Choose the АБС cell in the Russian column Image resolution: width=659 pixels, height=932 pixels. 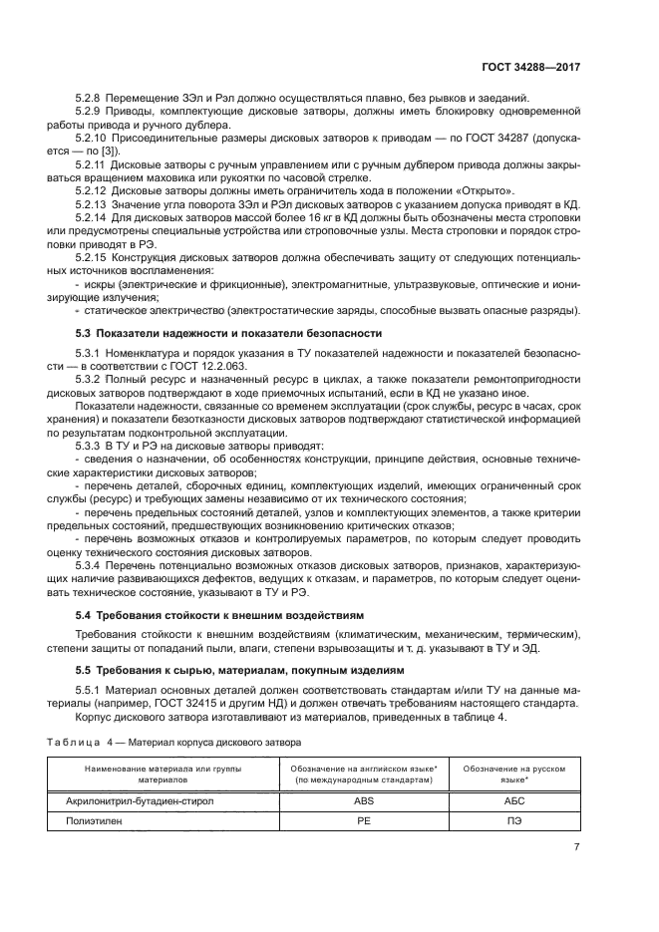pyautogui.click(x=516, y=799)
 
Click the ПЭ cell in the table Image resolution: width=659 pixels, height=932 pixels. pyautogui.click(x=516, y=821)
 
